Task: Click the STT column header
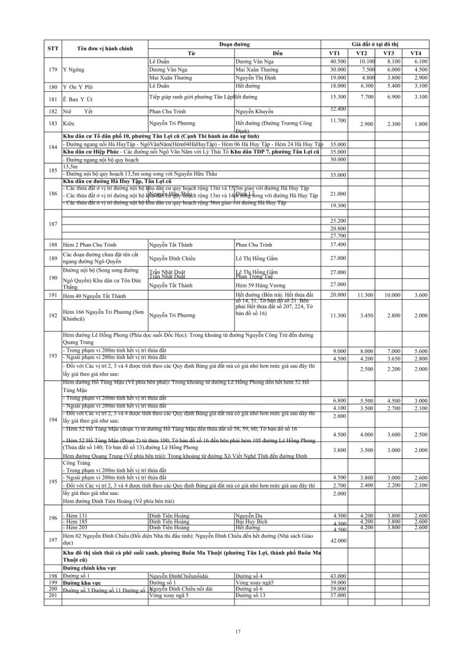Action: [x=53, y=49]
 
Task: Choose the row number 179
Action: [x=53, y=70]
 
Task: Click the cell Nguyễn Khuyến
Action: [x=255, y=111]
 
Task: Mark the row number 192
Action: [x=53, y=315]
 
